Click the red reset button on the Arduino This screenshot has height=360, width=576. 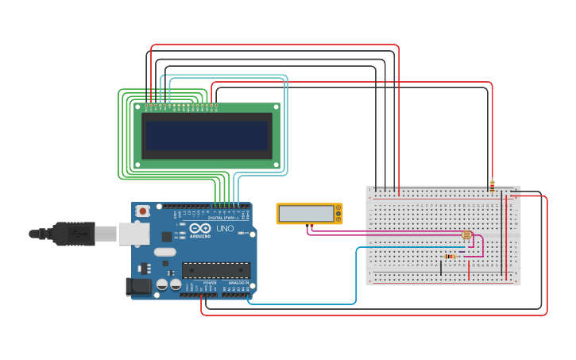click(143, 211)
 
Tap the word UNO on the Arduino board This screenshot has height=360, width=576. click(225, 229)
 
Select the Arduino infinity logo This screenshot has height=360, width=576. click(199, 229)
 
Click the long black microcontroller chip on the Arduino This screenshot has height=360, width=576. click(216, 270)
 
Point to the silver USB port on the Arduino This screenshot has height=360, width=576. click(133, 234)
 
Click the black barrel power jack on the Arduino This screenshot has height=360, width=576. click(138, 287)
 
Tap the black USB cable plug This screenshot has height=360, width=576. click(75, 234)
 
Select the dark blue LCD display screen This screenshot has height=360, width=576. click(207, 136)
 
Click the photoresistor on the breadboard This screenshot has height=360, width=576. click(466, 235)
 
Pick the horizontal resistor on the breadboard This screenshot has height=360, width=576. click(450, 256)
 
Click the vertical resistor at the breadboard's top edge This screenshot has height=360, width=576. click(492, 187)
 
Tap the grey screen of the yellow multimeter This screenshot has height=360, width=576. click(307, 214)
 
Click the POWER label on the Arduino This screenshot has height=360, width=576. click(210, 283)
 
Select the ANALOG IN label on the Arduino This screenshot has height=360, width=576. click(237, 283)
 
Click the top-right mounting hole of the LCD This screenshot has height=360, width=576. click(276, 106)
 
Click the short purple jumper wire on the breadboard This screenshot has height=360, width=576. click(461, 252)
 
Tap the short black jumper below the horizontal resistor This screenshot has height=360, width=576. click(441, 268)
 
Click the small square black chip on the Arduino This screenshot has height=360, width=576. click(167, 236)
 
